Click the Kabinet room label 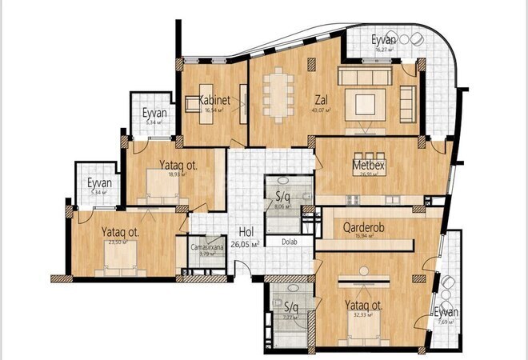(x=215, y=101)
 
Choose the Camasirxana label (x=206, y=248)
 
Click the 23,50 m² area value (x=122, y=244)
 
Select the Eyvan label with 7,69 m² (x=448, y=312)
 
